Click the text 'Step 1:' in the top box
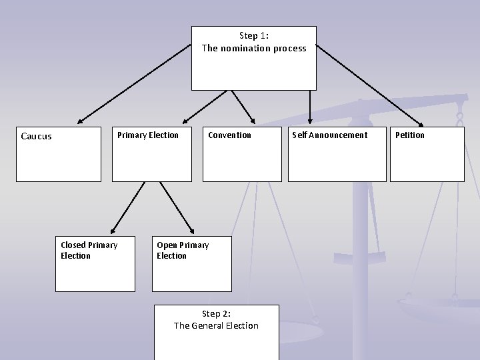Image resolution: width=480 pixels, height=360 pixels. point(253,36)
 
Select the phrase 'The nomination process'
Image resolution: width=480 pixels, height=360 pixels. point(254,48)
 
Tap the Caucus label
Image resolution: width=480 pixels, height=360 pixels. point(36,137)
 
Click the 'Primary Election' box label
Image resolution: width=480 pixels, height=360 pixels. point(148,135)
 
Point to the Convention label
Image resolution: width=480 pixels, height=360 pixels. point(229,135)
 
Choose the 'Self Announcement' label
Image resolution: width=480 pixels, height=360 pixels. point(329,135)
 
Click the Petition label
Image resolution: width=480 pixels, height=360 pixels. point(409,135)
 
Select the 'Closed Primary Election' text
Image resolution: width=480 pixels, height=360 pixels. point(89,251)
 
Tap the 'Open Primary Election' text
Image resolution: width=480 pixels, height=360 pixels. point(182,251)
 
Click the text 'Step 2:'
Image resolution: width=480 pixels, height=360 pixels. point(216,314)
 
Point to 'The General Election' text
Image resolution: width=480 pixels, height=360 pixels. point(216,326)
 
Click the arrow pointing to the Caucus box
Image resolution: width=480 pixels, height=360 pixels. point(133,85)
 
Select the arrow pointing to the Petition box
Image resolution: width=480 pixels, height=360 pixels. point(369,85)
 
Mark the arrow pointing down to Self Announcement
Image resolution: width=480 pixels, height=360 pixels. point(310,107)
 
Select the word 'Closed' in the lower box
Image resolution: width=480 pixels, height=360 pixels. point(73,245)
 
